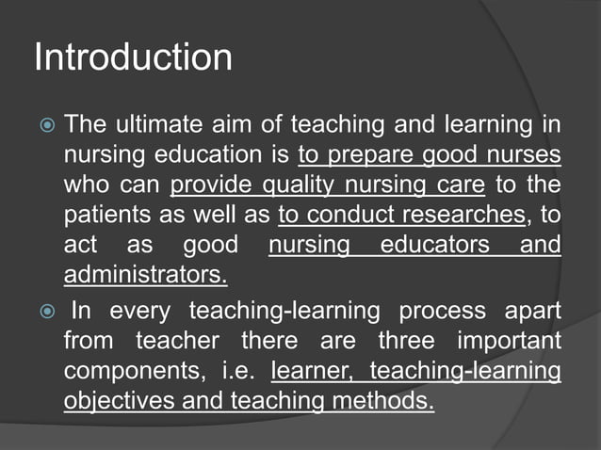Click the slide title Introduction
pyautogui.click(x=133, y=57)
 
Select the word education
pyautogui.click(x=225, y=153)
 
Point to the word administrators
pyautogui.click(x=145, y=277)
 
